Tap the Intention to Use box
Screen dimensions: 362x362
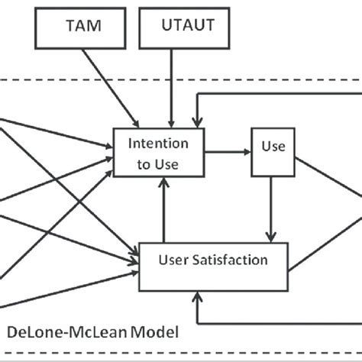click(158, 151)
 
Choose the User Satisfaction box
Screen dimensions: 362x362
click(213, 261)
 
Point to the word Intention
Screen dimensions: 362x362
click(158, 143)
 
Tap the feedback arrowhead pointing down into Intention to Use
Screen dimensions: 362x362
click(197, 121)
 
